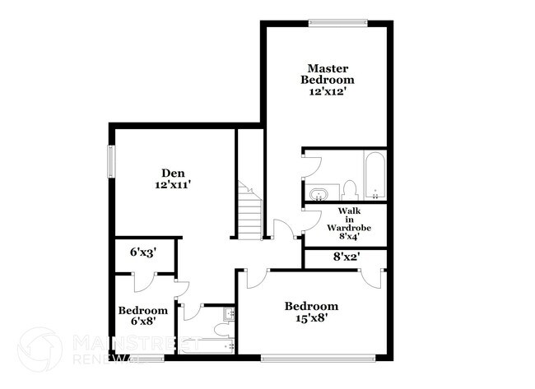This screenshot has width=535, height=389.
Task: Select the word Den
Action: point(172,173)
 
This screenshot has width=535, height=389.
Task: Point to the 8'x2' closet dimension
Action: point(347,257)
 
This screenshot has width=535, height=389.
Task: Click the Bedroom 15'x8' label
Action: point(311,313)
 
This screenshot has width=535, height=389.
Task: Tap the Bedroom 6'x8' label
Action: point(143,316)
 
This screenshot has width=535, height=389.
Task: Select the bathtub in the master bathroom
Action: point(374,175)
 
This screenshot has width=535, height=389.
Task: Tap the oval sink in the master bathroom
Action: point(319,194)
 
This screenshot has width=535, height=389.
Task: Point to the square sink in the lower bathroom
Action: point(228,315)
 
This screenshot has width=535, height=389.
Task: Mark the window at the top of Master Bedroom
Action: point(336,23)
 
